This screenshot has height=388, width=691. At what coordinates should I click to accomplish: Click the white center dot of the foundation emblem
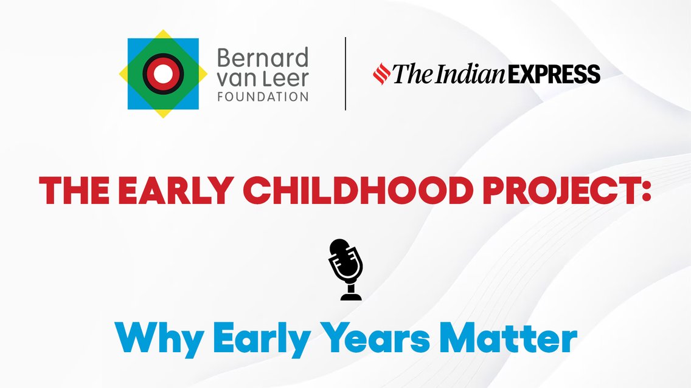[x=163, y=73]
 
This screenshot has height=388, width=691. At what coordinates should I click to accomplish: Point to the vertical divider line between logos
[x=345, y=73]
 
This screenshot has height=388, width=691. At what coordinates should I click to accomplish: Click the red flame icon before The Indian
[x=381, y=73]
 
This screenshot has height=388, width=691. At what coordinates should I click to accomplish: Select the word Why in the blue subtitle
[x=159, y=340]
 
